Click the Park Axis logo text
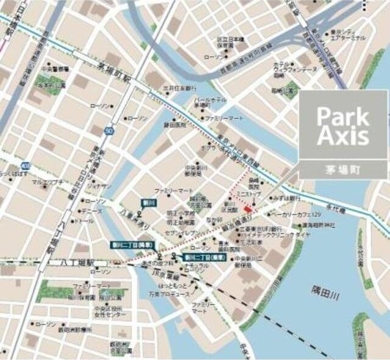[x=344, y=127]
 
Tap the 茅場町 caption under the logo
[x=344, y=170]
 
